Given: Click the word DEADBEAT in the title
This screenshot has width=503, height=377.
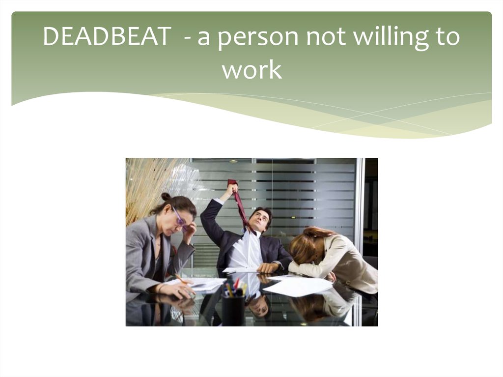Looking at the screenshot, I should coord(107,38).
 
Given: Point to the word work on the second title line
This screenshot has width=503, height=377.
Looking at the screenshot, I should coord(251,69).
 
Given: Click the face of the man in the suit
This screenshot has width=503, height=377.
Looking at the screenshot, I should coord(259,220).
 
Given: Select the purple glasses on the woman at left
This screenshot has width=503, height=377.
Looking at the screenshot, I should coord(179,218).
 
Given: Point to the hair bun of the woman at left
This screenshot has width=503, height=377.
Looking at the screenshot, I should coord(166,197).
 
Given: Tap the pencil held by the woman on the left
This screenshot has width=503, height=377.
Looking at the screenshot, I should coord(180,279).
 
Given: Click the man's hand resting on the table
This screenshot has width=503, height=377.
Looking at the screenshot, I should coord(268,268).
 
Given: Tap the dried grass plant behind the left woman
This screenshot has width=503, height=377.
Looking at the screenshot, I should coord(144,182).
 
